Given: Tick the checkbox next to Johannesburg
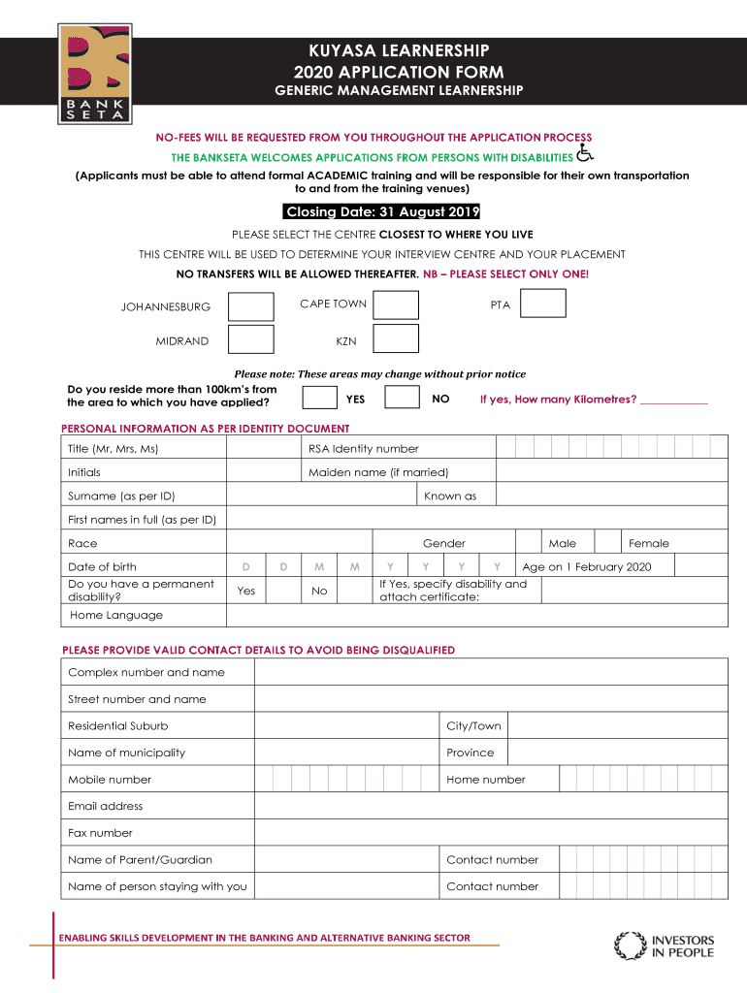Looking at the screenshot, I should coord(250,306).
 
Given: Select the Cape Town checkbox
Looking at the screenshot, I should coord(396,304).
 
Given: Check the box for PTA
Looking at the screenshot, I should coord(542,304).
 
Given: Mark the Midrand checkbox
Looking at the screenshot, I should coord(250,339).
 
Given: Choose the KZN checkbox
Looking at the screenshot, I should coord(396,338).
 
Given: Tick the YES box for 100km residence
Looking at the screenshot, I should coord(320,399).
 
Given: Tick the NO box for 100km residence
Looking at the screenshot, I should coord(402,399).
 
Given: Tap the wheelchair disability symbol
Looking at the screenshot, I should coord(584,153).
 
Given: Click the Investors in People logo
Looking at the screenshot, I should coord(664,945).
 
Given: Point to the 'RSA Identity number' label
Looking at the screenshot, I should coord(363,449).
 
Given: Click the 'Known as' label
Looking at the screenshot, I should coord(450,496).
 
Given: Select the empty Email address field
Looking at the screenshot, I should coord(490,806).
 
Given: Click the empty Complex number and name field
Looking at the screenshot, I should coord(490,672).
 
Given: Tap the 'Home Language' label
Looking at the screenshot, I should coord(116,616).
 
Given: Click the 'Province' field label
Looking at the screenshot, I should coord(470,753).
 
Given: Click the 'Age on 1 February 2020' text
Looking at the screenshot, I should coord(587,567).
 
